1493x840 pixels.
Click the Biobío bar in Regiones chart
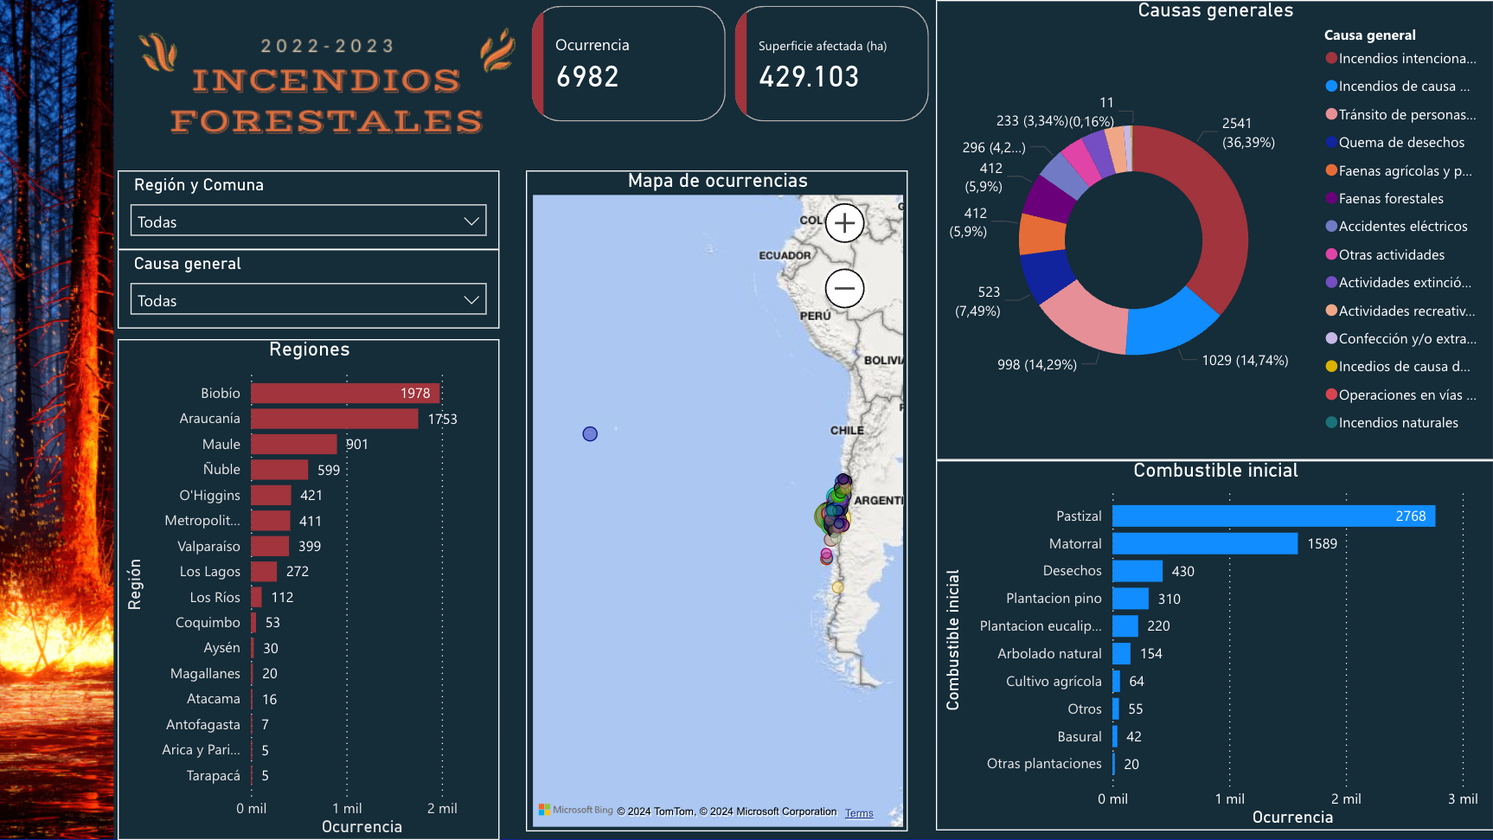(344, 394)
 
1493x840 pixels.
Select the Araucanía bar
(334, 419)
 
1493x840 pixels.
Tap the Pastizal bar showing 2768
(1272, 516)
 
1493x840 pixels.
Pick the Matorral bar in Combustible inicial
(1204, 544)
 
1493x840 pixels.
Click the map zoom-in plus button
(844, 223)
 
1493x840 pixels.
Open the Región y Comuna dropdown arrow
(471, 221)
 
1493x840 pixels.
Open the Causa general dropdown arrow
(471, 300)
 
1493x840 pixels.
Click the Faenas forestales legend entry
(1390, 199)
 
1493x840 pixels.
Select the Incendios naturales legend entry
(1398, 423)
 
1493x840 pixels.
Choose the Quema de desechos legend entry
(1401, 143)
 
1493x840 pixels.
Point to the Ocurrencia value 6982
(587, 77)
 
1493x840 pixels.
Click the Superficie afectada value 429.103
(809, 77)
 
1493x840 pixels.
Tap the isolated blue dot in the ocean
(590, 434)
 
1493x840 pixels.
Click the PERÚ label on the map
(815, 317)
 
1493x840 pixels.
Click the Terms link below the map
(859, 813)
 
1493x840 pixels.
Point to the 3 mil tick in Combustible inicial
(1462, 799)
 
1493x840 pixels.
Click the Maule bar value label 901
(357, 445)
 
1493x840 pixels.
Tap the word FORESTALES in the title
(326, 121)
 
